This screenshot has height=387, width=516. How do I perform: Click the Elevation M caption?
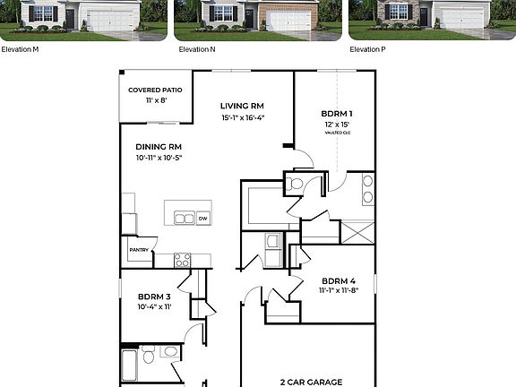(20, 49)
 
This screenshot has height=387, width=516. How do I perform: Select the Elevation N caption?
(197, 49)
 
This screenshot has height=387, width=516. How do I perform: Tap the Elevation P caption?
(367, 49)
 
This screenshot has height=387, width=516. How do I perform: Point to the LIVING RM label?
(242, 105)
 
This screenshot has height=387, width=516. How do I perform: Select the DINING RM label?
(159, 146)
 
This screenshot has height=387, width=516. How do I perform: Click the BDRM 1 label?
(337, 114)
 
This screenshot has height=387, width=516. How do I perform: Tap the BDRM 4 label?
(340, 279)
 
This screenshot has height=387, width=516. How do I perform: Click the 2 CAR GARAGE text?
(311, 382)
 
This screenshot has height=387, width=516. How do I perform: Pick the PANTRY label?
(139, 251)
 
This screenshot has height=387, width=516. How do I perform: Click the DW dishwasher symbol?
(202, 218)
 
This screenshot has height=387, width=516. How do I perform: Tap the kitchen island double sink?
(183, 218)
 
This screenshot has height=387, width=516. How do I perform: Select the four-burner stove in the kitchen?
(182, 260)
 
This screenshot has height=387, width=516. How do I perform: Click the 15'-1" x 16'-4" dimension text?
(242, 117)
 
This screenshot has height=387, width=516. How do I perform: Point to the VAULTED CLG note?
(337, 133)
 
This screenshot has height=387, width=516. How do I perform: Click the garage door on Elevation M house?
(110, 20)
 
